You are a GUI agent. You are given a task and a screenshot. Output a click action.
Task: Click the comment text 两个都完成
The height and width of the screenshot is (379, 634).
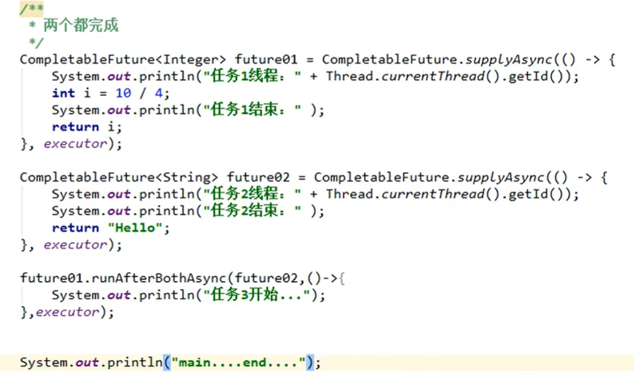(81, 27)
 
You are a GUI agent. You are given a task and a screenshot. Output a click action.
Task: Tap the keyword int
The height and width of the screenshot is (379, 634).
(63, 93)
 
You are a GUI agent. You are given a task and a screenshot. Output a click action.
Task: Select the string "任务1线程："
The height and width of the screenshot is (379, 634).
(255, 76)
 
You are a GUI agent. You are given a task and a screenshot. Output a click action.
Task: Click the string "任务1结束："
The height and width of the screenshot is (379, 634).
(255, 110)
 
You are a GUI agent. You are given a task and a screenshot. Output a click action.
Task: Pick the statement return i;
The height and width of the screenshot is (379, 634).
(87, 127)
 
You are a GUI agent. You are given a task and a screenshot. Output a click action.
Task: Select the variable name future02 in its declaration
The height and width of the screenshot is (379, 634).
(258, 177)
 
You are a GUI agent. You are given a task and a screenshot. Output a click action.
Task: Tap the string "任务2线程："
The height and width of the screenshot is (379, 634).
(255, 194)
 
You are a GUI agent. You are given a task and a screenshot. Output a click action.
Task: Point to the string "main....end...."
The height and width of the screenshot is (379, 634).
(243, 363)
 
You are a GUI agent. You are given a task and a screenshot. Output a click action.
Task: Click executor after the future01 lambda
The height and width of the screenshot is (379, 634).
(75, 144)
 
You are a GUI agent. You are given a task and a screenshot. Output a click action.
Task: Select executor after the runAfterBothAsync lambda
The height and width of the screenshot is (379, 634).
(67, 312)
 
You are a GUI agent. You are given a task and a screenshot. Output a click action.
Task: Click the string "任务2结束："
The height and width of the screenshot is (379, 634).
(255, 212)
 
